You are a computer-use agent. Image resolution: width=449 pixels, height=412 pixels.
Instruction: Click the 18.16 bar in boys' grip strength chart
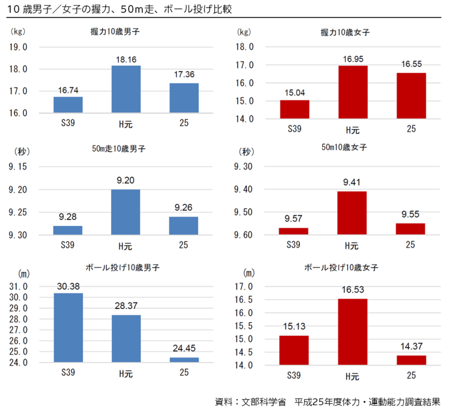pos(125,89)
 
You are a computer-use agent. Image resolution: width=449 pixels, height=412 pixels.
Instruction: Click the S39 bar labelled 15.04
pos(294,109)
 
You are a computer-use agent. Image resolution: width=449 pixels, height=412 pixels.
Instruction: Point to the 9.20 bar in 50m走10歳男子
pos(125,212)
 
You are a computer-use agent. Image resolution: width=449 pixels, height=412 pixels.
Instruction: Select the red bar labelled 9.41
pos(352,213)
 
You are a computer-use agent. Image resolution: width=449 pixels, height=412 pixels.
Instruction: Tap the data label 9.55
pos(411,214)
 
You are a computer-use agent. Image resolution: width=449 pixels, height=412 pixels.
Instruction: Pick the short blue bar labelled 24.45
pos(184,360)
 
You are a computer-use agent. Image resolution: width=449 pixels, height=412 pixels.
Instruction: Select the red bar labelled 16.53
pos(353,332)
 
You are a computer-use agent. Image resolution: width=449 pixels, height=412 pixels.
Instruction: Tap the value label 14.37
pos(411,346)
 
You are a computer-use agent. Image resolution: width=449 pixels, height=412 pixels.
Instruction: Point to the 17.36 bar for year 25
pos(184,98)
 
